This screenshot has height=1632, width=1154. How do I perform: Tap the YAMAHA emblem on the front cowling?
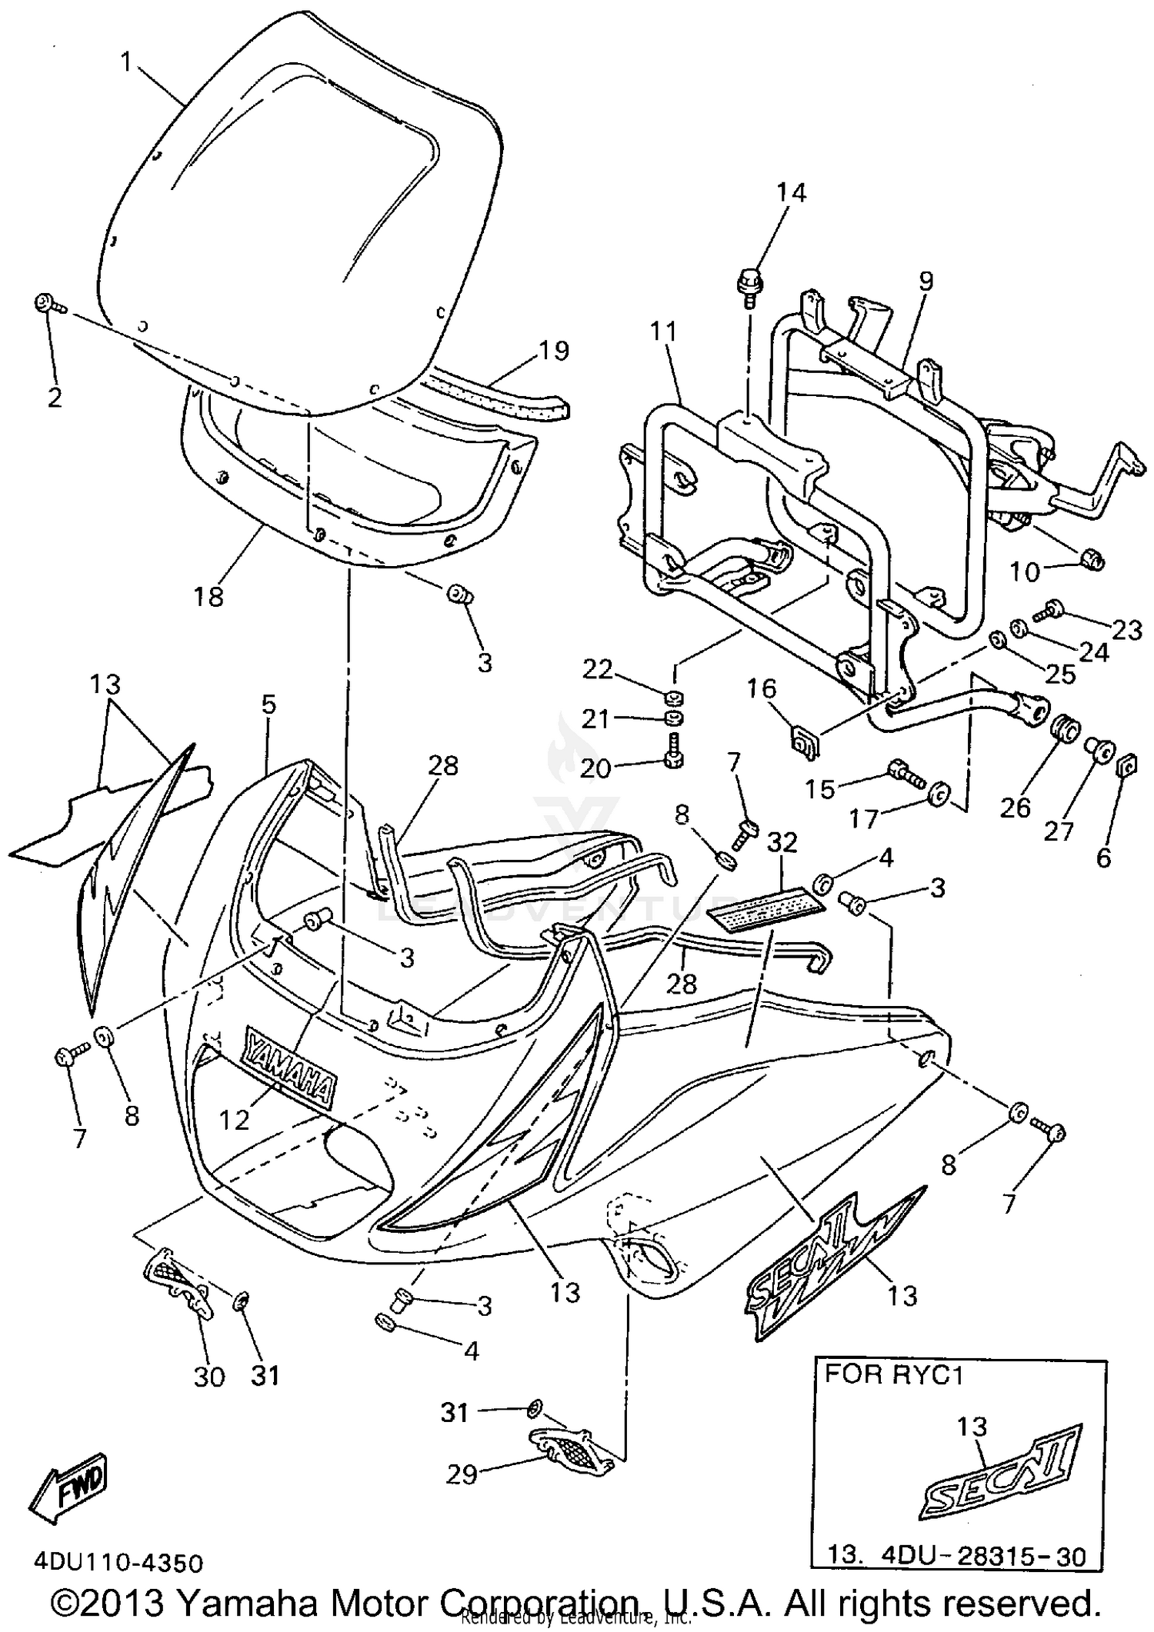point(290,1064)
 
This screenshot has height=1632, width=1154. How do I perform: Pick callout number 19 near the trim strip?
point(554,351)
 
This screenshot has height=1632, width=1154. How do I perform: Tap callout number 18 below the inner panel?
point(208,596)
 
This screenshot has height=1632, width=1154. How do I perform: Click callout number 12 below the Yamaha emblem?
point(235,1121)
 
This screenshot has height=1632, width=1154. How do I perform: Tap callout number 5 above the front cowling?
point(268,704)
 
